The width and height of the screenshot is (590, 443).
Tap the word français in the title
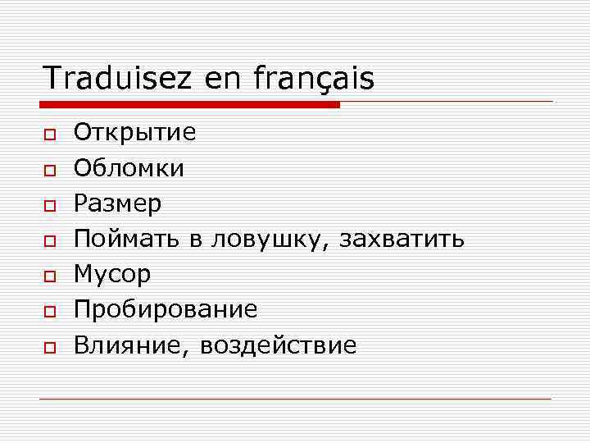pyautogui.click(x=314, y=79)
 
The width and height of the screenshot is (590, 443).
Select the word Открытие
pyautogui.click(x=135, y=133)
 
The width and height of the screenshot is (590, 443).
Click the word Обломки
pyautogui.click(x=129, y=168)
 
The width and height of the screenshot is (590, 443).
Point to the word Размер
pyautogui.click(x=117, y=203)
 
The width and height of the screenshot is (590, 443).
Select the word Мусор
pyautogui.click(x=112, y=274)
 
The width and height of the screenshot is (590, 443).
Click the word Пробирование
pyautogui.click(x=166, y=309)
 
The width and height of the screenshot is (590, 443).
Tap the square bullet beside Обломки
pyautogui.click(x=50, y=170)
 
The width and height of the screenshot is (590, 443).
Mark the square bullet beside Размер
pyautogui.click(x=50, y=205)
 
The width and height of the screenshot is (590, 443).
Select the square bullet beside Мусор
pyautogui.click(x=50, y=276)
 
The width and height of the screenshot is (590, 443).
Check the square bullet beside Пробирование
pyautogui.click(x=50, y=311)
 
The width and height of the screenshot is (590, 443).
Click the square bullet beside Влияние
pyautogui.click(x=50, y=346)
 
